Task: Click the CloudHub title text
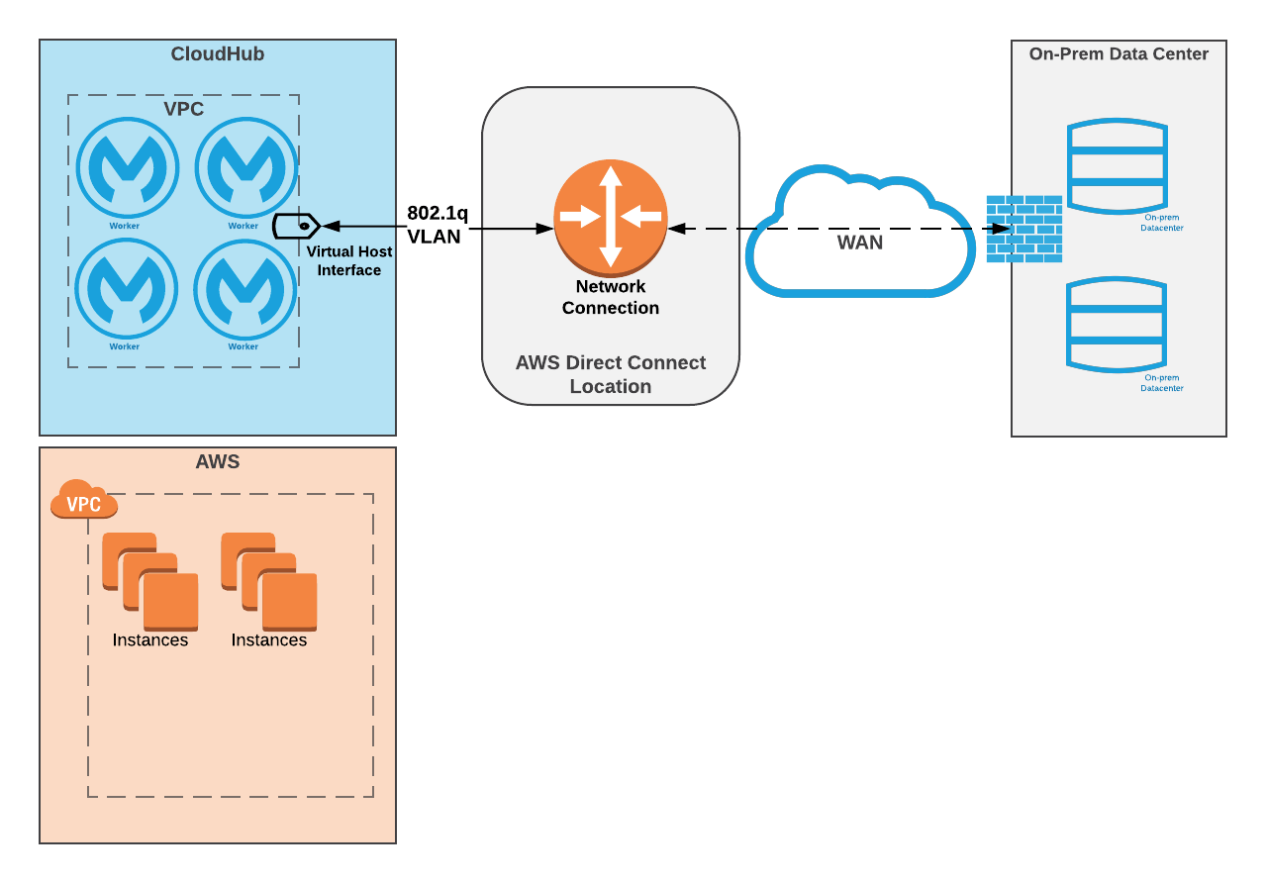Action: (x=217, y=54)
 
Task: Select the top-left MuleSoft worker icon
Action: (x=128, y=166)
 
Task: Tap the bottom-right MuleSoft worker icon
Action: (x=244, y=288)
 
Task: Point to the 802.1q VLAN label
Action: (x=438, y=225)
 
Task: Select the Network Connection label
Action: (x=610, y=297)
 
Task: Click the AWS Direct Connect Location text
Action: (x=610, y=374)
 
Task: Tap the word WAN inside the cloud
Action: (x=859, y=243)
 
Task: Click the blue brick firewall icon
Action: (x=1023, y=229)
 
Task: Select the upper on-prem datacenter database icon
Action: (x=1118, y=166)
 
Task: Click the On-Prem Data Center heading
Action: (x=1119, y=54)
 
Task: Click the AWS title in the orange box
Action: (x=217, y=461)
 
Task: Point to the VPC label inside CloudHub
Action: (x=183, y=109)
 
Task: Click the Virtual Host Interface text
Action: (x=349, y=261)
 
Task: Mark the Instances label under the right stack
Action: (x=268, y=640)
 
